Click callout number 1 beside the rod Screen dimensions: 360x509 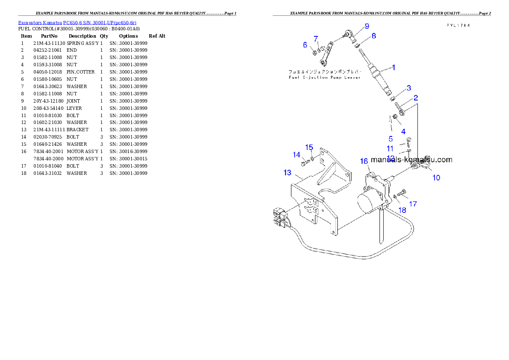(394, 67)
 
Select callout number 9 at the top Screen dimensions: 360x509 (367, 26)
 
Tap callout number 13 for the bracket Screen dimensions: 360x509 (287, 173)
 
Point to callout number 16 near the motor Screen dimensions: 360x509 (364, 161)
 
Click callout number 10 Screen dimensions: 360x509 (436, 177)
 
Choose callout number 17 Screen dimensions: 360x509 (413, 204)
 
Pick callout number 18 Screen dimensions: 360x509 (402, 210)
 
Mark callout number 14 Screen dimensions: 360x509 (296, 155)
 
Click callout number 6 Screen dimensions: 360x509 (305, 45)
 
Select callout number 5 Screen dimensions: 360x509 (391, 139)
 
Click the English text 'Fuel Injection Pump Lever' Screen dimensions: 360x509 (324, 77)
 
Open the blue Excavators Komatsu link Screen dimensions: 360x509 (77, 23)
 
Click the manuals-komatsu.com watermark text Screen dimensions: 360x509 (411, 160)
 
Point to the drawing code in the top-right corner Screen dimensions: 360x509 (458, 26)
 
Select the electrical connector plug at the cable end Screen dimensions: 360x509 (280, 216)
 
